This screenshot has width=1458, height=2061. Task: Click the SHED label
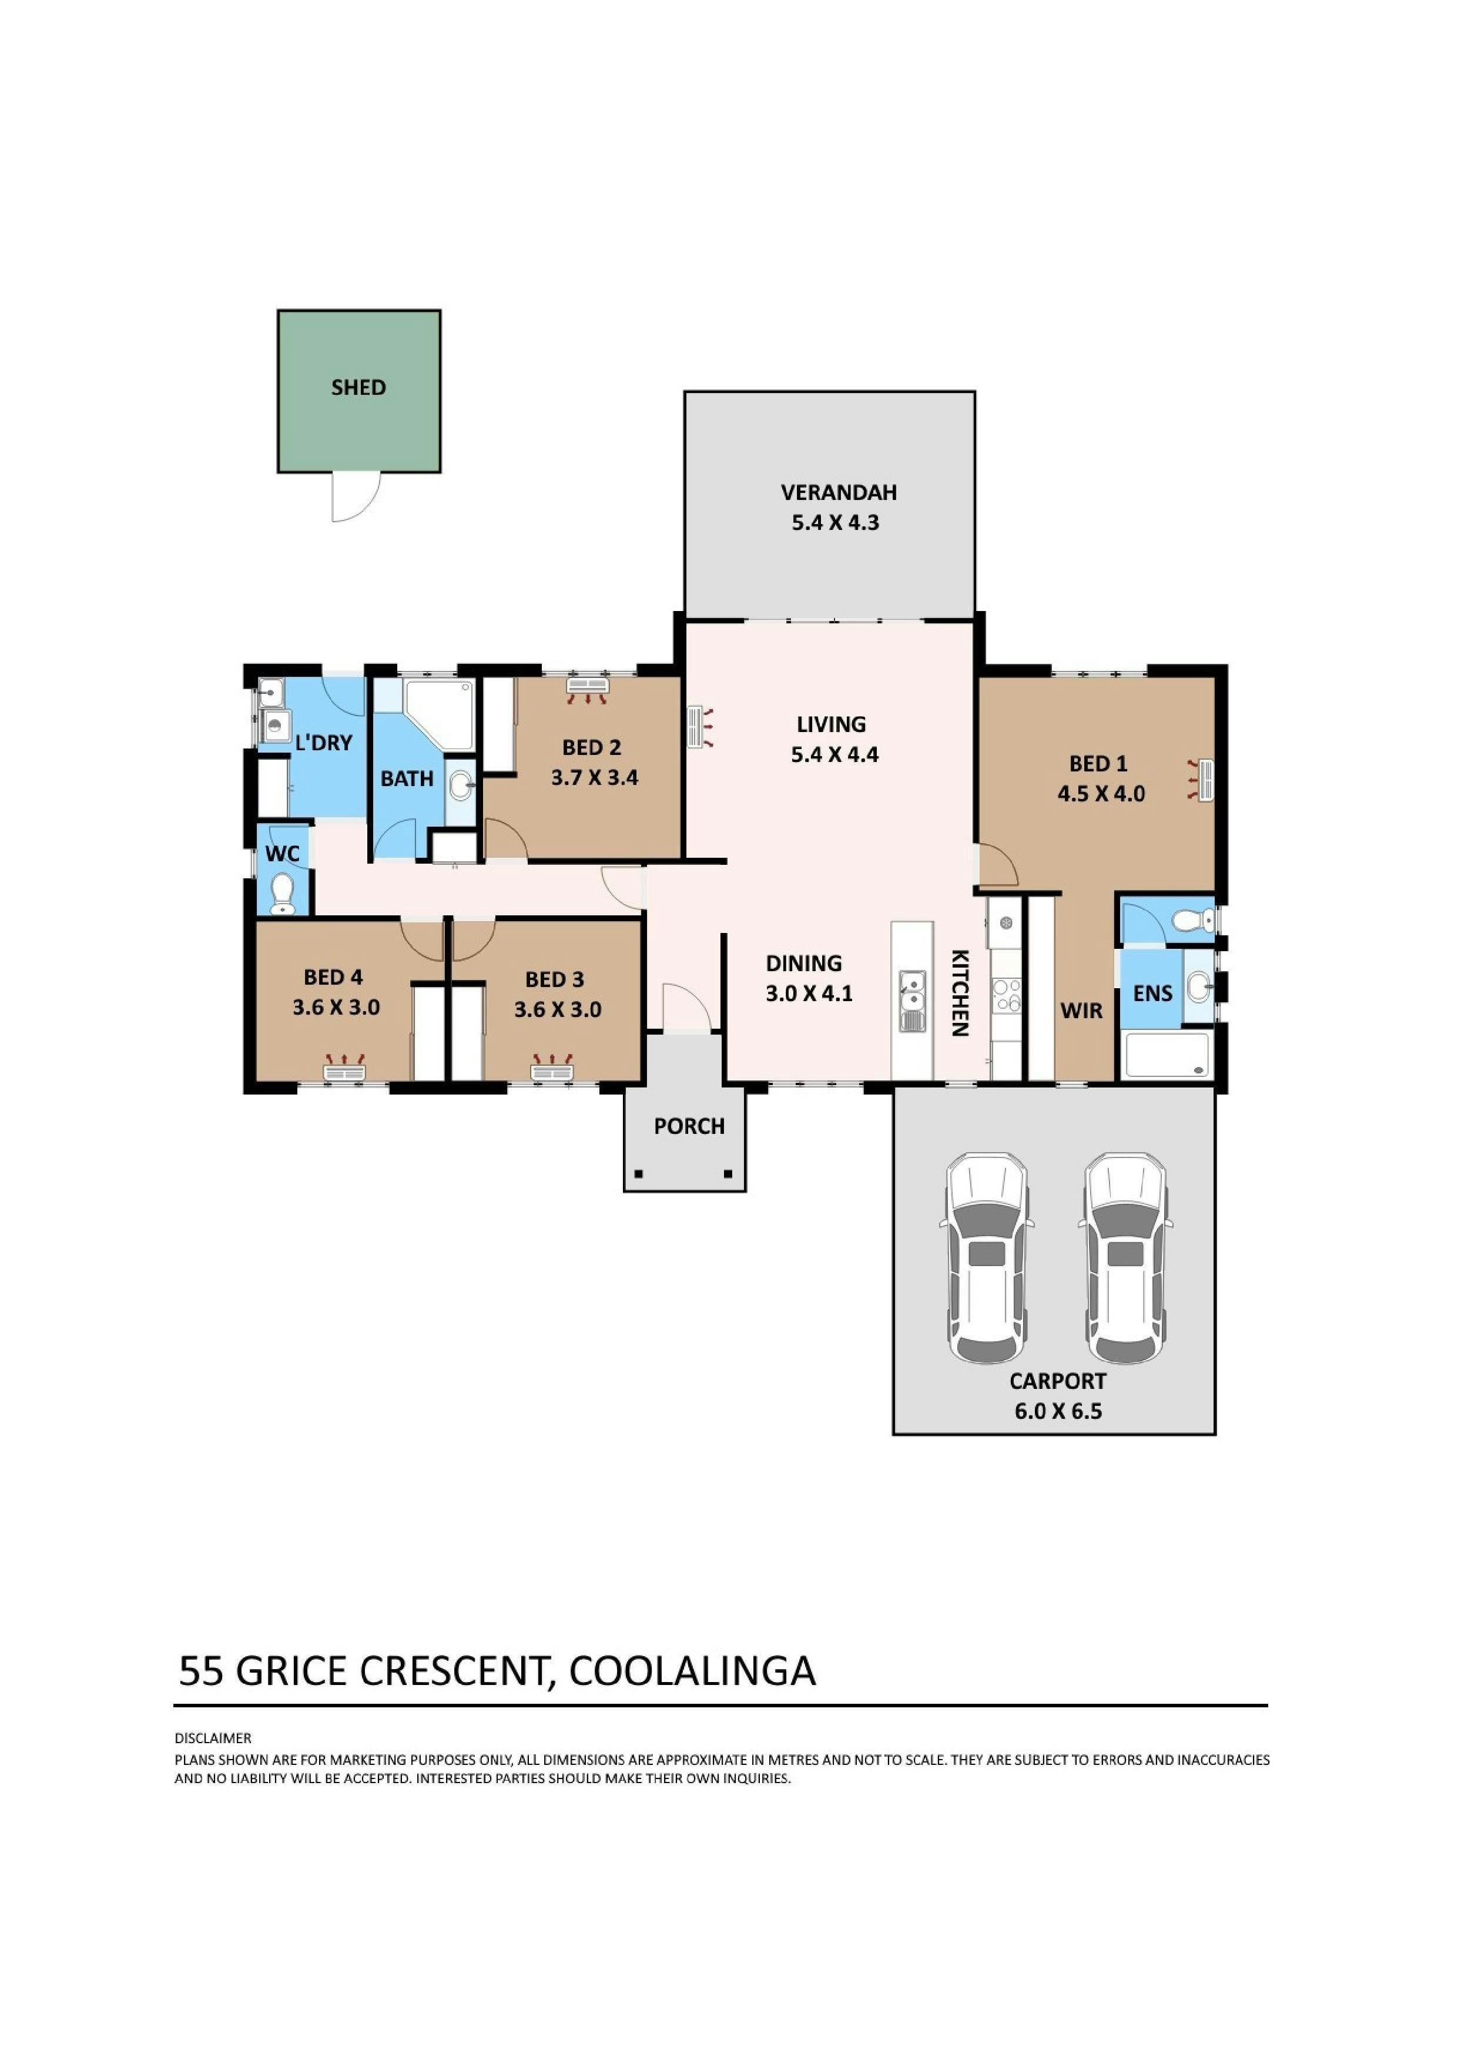[x=358, y=388]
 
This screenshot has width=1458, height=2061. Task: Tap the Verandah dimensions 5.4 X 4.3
[x=835, y=522]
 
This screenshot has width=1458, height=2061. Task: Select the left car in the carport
[x=985, y=1258]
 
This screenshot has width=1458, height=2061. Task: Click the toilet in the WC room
[x=283, y=892]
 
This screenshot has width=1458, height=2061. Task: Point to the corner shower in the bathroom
[x=438, y=716]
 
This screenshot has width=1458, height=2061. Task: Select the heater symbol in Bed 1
[x=1201, y=779]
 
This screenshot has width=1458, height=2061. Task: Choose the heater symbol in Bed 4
[x=345, y=1068]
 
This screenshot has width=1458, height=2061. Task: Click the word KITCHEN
[x=960, y=993]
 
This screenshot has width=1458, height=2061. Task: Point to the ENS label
[x=1153, y=993]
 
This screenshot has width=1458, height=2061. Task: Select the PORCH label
[x=689, y=1126]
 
